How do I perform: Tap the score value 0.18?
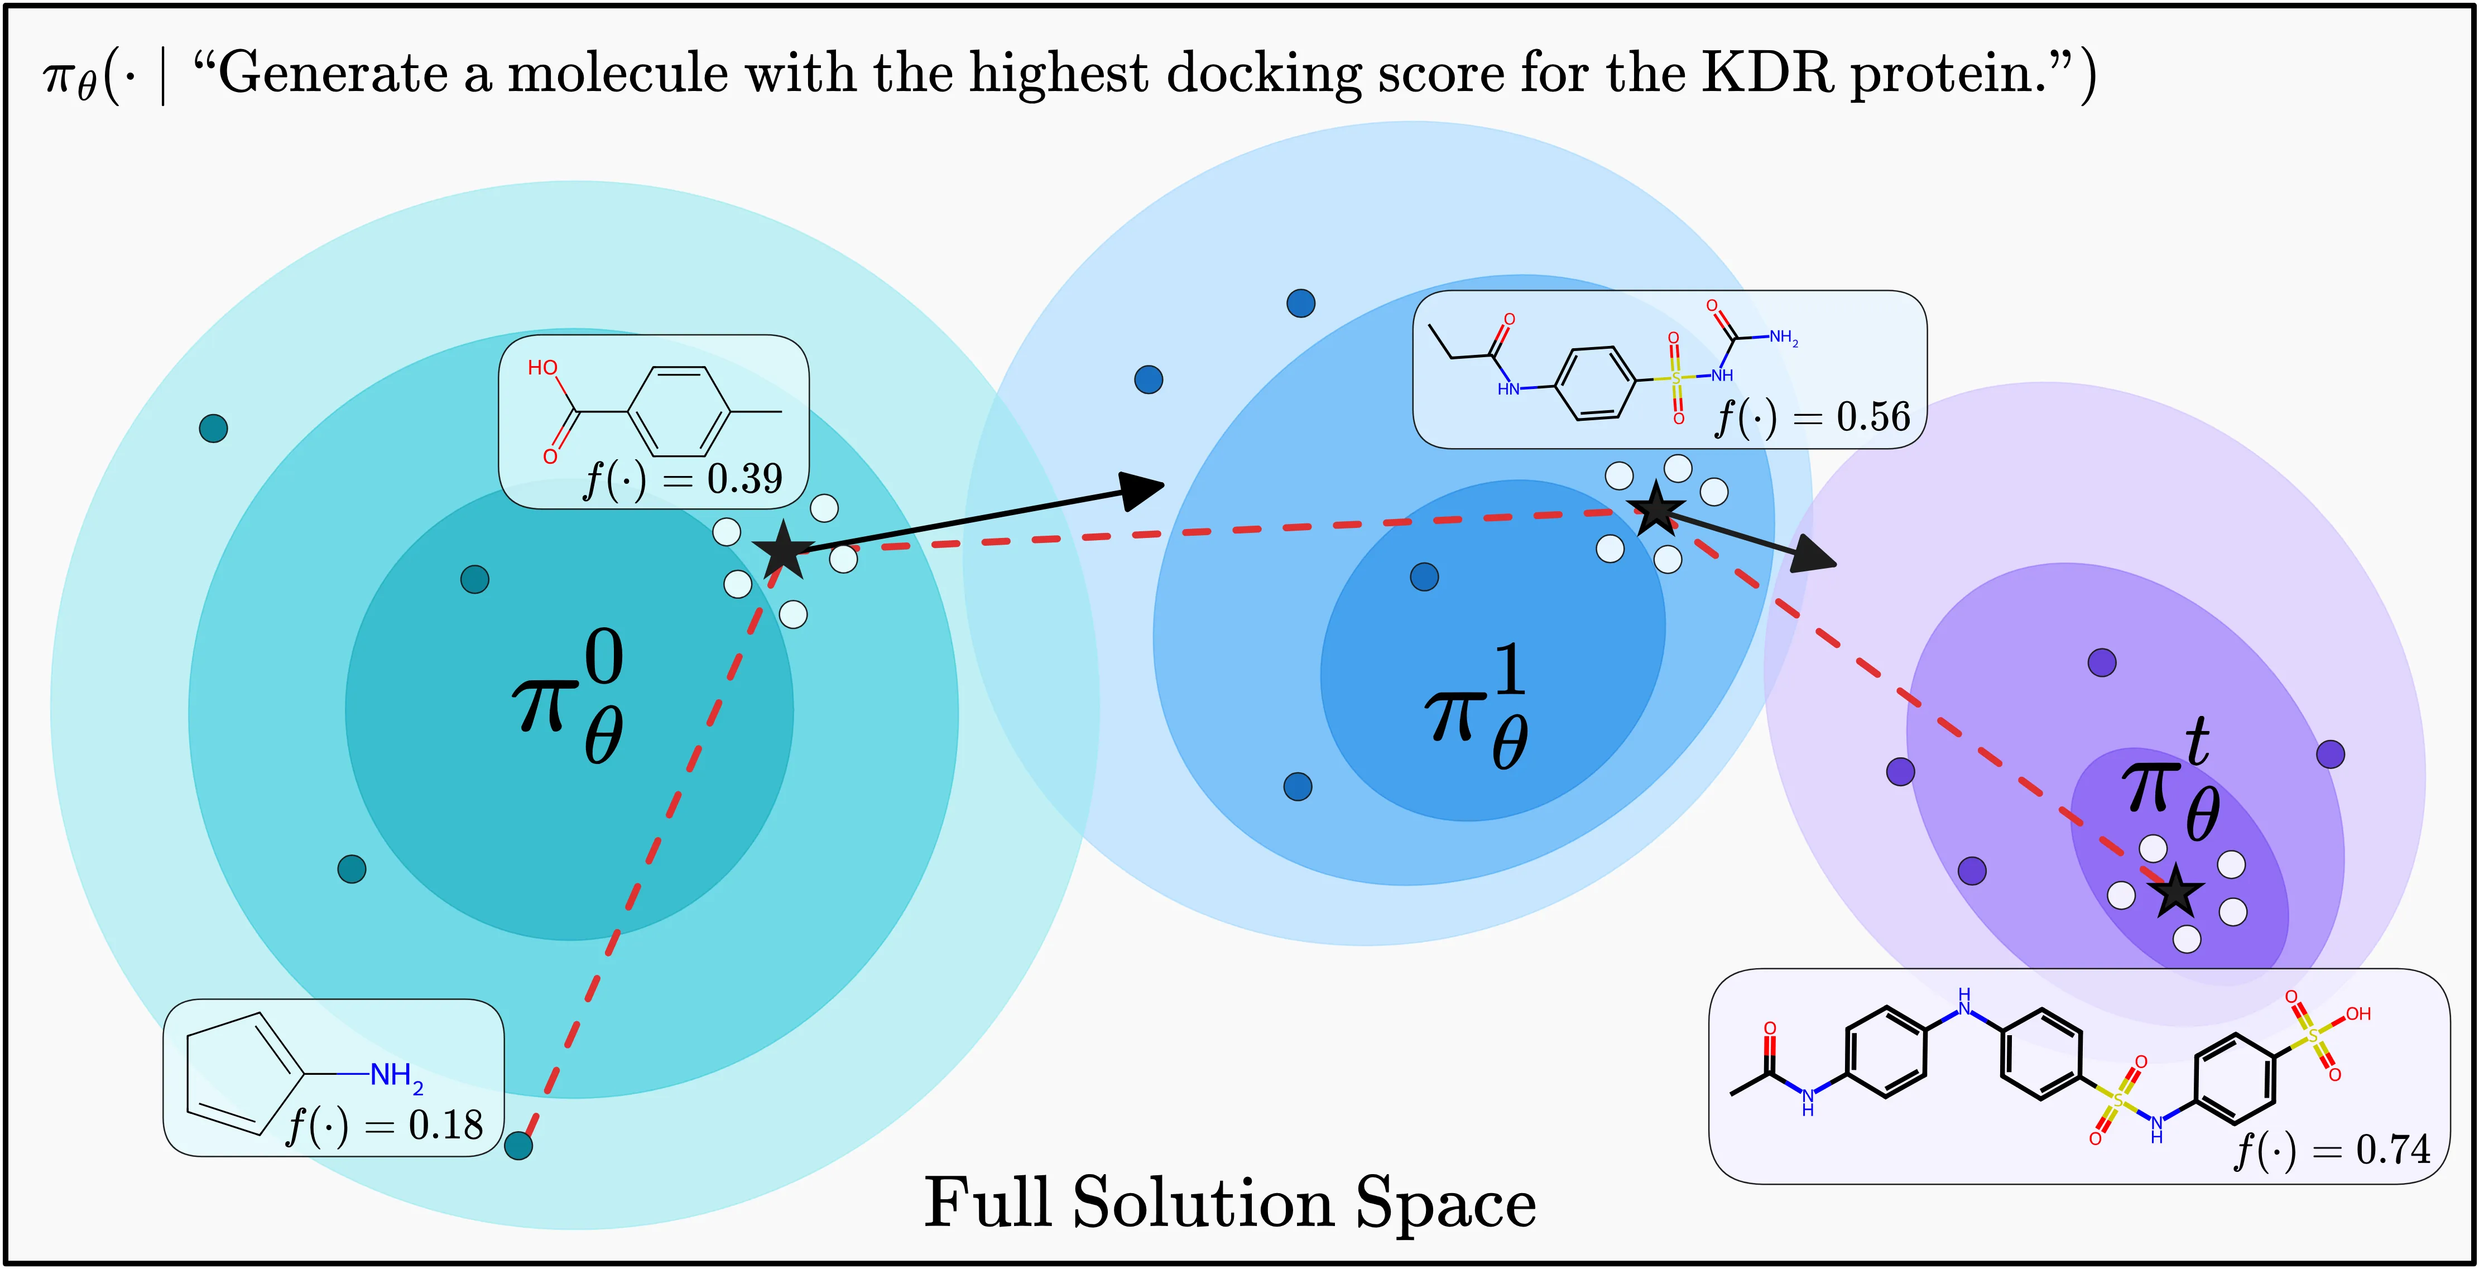tap(445, 1124)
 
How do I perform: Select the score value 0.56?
tap(1873, 417)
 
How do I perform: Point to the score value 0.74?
tap(2392, 1150)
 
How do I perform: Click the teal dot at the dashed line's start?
tap(518, 1145)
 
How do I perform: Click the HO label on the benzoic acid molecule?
tap(543, 368)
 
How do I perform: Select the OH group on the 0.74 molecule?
tap(2358, 1014)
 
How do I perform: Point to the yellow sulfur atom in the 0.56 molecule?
tap(1675, 378)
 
